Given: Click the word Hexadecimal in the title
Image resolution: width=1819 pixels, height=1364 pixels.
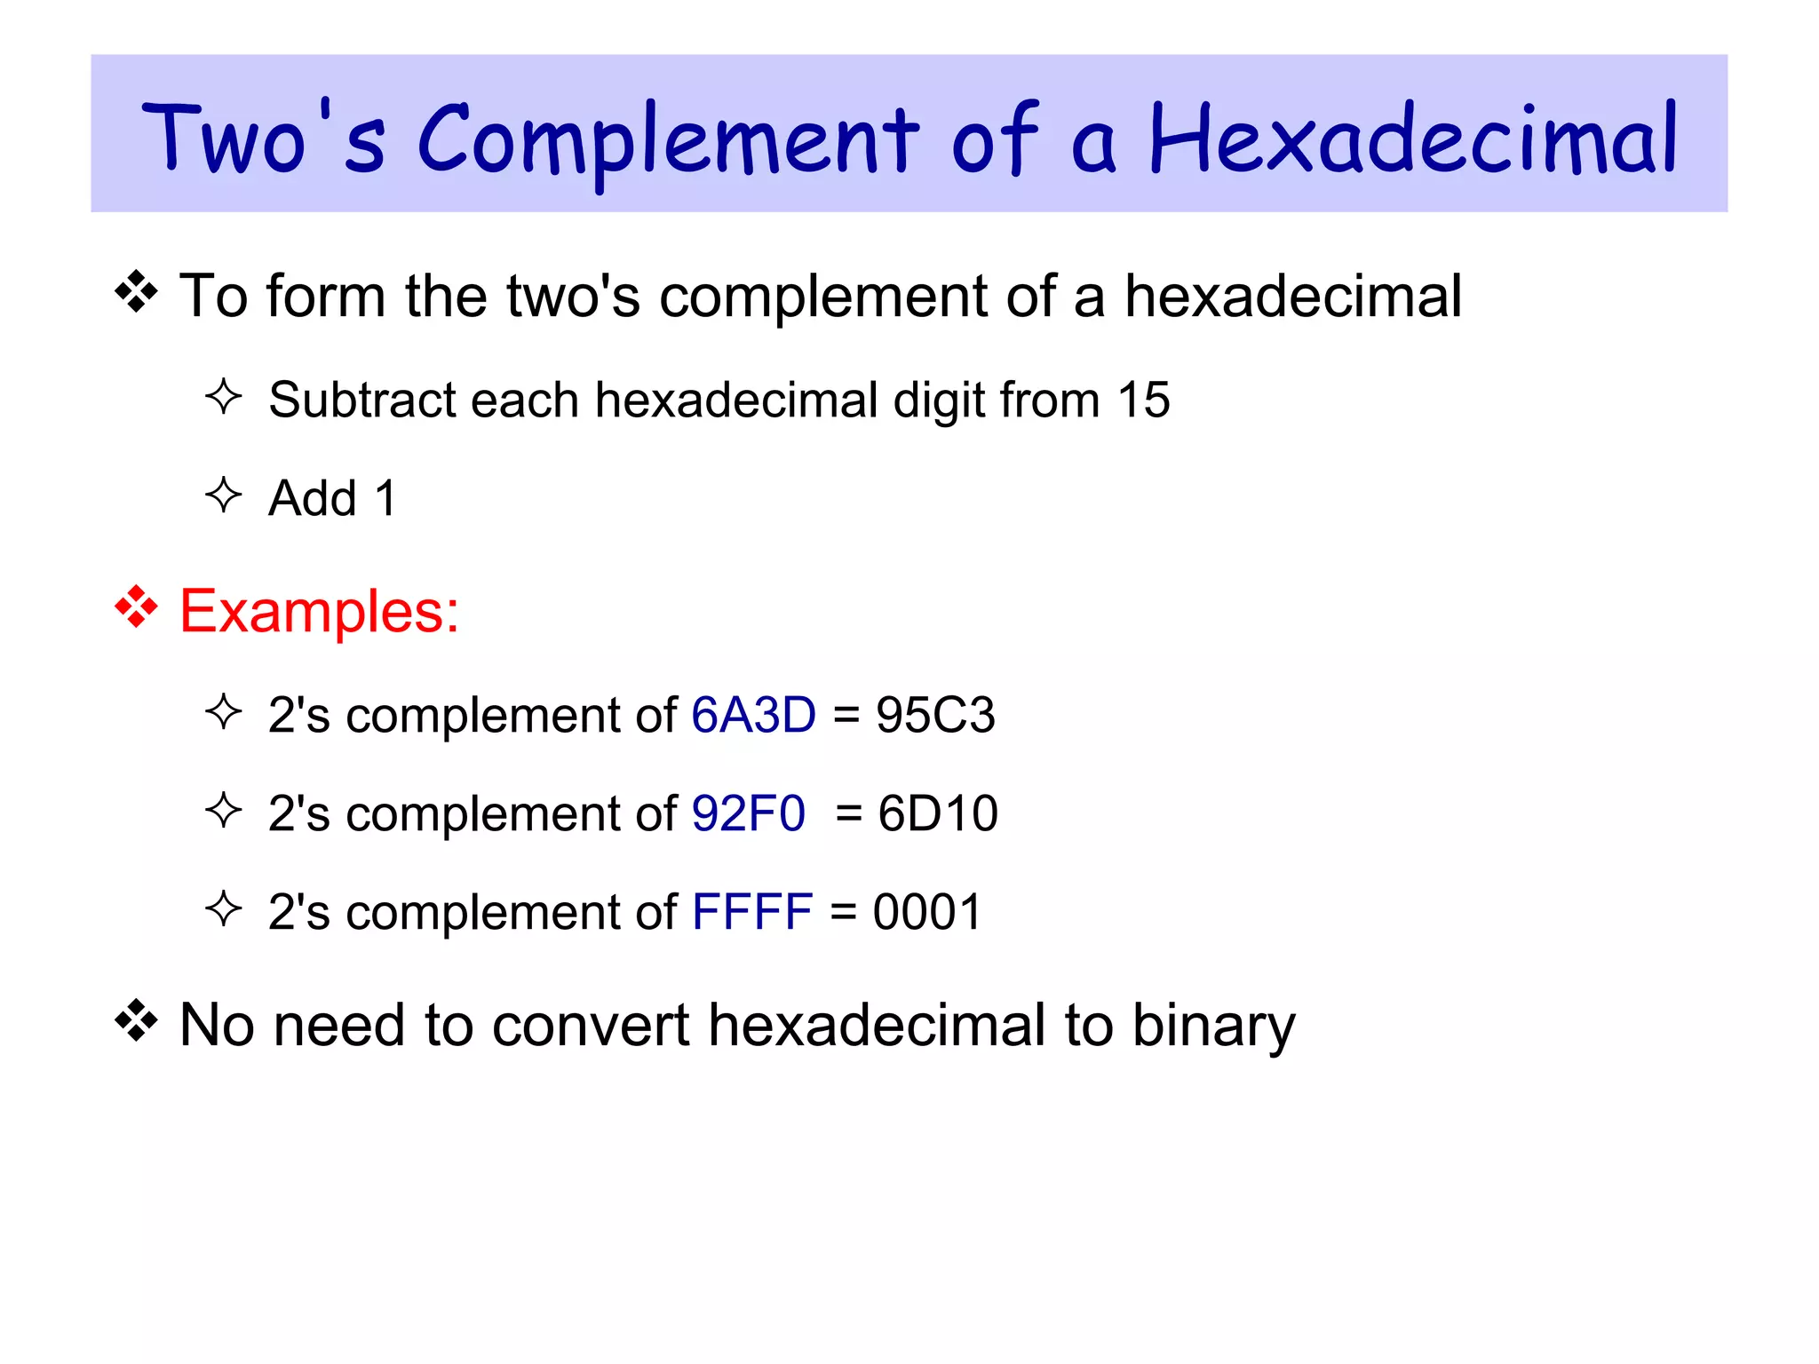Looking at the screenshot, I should (1412, 140).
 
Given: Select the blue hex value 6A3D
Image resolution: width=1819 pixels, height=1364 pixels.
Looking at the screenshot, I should (753, 715).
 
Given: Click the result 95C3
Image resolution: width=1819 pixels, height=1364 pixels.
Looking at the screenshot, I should (935, 715).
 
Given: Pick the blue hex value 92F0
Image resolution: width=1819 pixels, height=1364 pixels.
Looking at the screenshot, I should (748, 813).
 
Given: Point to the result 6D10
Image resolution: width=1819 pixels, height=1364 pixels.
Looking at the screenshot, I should (938, 813).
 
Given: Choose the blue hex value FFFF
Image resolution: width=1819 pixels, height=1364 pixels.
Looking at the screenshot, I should (751, 912).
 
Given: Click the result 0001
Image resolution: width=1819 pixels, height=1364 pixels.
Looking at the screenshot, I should (927, 912).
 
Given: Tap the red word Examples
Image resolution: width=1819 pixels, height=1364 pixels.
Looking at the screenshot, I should (319, 612).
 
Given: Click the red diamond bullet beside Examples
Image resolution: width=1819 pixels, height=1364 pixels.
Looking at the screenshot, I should (136, 608).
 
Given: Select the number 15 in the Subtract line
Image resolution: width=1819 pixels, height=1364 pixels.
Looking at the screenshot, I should (1143, 400).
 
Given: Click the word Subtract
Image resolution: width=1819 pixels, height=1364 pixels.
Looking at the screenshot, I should (361, 400).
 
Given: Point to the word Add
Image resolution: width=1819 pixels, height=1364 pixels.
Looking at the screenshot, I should (312, 498).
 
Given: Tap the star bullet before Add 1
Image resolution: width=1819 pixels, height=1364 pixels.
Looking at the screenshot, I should (223, 495).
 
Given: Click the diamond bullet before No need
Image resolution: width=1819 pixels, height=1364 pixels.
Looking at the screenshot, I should (136, 1021).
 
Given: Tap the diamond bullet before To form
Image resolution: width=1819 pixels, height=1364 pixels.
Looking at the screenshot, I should (136, 293).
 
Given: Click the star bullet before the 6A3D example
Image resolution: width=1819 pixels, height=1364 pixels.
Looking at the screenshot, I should (223, 712).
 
